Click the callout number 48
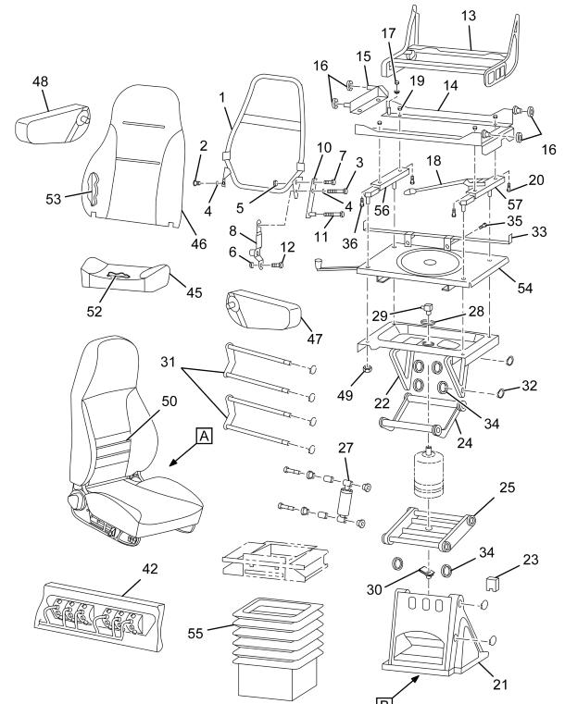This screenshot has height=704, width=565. [40, 81]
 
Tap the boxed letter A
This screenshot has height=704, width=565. [204, 436]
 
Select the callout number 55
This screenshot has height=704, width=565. [195, 633]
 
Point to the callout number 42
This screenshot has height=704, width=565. [150, 569]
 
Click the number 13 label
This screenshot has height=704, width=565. [469, 16]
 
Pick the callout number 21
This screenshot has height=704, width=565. [500, 685]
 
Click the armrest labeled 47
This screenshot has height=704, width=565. [264, 310]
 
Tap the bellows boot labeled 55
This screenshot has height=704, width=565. [278, 647]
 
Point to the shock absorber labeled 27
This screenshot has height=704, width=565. [346, 502]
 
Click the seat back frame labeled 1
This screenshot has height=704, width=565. [265, 135]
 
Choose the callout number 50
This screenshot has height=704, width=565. [169, 401]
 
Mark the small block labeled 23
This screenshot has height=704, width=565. [494, 583]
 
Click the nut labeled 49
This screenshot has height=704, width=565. [367, 369]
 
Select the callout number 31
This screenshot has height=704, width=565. [168, 362]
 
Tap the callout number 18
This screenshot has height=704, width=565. [433, 161]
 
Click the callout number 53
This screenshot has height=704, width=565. [53, 199]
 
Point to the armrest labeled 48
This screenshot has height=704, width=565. [53, 122]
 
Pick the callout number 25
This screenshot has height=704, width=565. [507, 488]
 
